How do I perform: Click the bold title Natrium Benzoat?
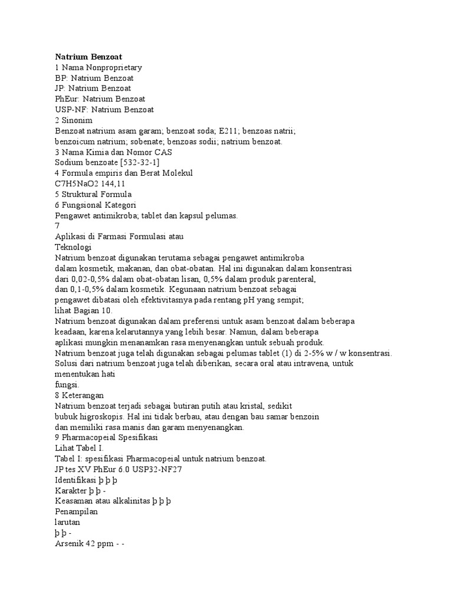[x=88, y=57]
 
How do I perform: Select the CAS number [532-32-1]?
[x=139, y=162]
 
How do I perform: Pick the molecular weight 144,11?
[x=114, y=183]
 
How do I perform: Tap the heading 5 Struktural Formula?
[x=93, y=194]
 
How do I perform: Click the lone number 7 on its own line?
[x=57, y=225]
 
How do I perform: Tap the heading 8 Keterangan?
[x=83, y=395]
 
